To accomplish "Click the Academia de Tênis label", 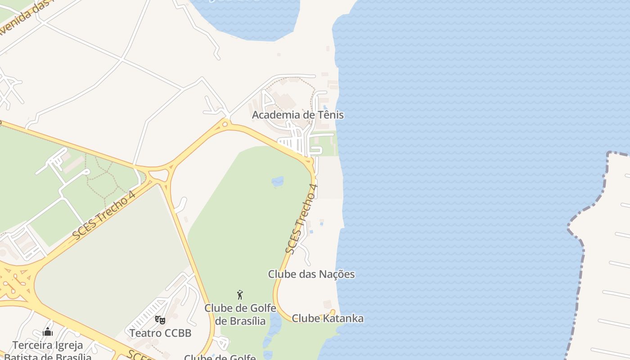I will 297,115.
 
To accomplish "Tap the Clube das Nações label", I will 311,274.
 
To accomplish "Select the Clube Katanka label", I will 328,319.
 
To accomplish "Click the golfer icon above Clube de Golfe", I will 240,295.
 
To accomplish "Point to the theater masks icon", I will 160,320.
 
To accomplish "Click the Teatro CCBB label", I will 160,333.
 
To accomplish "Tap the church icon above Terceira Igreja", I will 48,332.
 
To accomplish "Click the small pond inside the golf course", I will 277,181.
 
